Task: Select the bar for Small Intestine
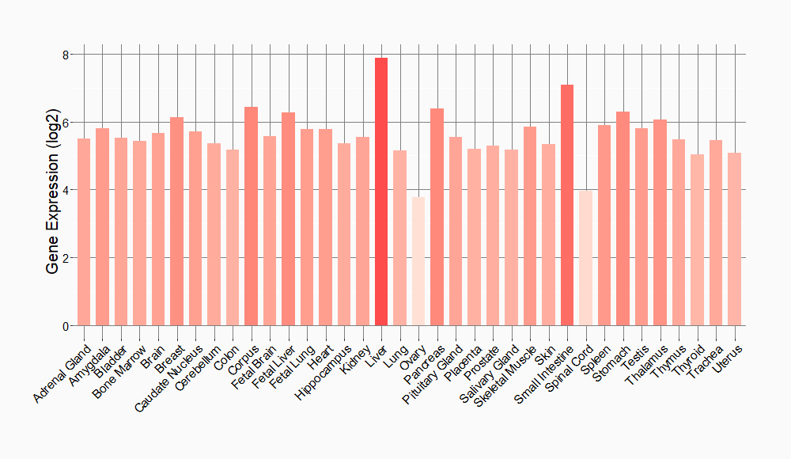click(x=566, y=205)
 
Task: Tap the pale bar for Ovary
click(x=418, y=261)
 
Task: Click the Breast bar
click(x=176, y=222)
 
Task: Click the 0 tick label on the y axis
click(x=66, y=326)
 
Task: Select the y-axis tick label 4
click(x=66, y=190)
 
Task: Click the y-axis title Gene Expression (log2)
click(x=52, y=190)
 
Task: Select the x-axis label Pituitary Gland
click(x=433, y=374)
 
